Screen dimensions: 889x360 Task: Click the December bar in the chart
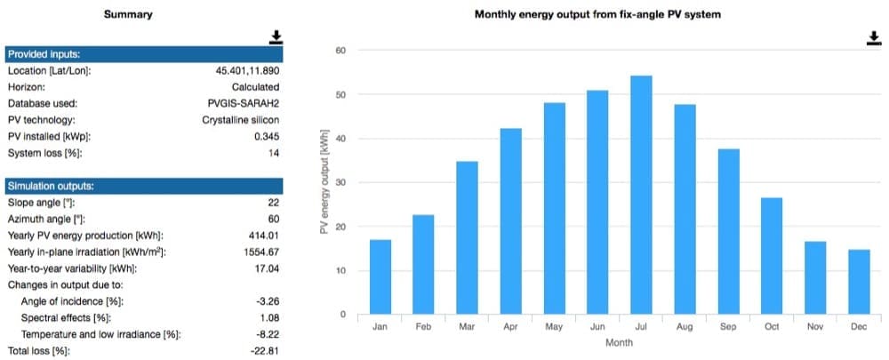pos(859,282)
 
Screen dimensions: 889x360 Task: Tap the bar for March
pos(468,238)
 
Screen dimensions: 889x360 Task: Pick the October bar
pos(772,256)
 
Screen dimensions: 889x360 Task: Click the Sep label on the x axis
pos(728,326)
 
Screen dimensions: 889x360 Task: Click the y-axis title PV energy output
pos(324,182)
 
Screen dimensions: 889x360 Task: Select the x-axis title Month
pos(619,343)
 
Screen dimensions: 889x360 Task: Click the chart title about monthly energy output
pos(597,15)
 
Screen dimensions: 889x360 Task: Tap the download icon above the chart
pos(874,38)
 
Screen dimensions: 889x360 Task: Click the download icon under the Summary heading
pos(276,37)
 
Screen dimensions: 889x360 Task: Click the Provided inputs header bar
pos(144,54)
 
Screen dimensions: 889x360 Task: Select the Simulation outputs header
pos(144,186)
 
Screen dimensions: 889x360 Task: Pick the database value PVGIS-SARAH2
pos(244,104)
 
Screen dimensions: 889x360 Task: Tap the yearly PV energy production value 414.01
pos(264,236)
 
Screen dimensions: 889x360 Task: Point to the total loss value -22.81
pos(265,351)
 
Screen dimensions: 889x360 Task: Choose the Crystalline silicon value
pos(241,120)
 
